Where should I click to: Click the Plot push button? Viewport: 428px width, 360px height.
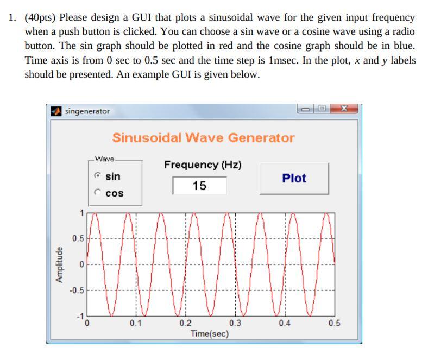(294, 179)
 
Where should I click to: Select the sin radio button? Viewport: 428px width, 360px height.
(97, 175)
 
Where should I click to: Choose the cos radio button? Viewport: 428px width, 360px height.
(97, 192)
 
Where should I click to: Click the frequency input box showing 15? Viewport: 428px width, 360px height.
(199, 186)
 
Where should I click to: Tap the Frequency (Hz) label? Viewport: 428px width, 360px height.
(203, 165)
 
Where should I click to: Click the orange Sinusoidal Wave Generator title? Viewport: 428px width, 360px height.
(203, 137)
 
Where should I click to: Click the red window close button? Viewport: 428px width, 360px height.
(344, 109)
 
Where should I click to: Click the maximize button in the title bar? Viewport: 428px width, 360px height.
(322, 109)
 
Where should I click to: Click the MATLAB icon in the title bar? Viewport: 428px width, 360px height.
(56, 111)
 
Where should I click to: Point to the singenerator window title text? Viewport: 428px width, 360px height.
(87, 111)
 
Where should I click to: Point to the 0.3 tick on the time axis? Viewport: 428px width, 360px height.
(235, 323)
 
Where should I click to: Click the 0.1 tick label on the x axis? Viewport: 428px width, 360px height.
(136, 323)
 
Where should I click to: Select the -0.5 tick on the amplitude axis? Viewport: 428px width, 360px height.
(77, 290)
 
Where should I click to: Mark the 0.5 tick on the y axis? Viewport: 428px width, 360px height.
(78, 238)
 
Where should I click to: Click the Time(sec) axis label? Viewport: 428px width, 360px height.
(210, 333)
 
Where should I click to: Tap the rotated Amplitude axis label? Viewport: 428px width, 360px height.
(59, 265)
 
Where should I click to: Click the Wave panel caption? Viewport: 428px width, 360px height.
(104, 159)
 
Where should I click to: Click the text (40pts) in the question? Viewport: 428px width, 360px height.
(40, 18)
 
